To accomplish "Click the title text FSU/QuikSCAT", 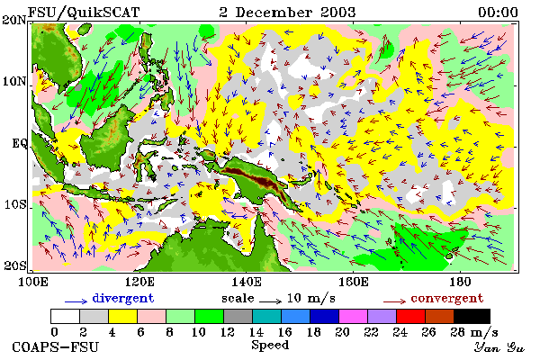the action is [84, 13].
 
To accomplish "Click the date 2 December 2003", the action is [287, 13].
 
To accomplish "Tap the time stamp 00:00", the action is [498, 13].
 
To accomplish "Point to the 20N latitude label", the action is [14, 20].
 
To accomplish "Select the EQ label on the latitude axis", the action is [20, 143].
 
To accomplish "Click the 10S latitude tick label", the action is [15, 204].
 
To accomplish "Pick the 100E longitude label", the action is [33, 282].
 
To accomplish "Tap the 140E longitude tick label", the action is [246, 282].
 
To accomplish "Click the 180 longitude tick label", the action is [460, 282].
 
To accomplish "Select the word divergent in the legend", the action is [123, 298].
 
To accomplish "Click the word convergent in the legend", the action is [447, 298].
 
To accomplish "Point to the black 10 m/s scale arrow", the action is [270, 301].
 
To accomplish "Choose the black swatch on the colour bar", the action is [472, 316].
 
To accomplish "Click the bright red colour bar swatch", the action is [410, 316].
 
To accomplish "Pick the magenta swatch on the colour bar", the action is [353, 316].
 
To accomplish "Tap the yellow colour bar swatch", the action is [122, 316].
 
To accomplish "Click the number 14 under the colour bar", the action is [256, 332].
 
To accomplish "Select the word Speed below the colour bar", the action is [270, 346].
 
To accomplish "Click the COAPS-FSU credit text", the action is [55, 346].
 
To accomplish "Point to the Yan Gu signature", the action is [499, 347].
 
